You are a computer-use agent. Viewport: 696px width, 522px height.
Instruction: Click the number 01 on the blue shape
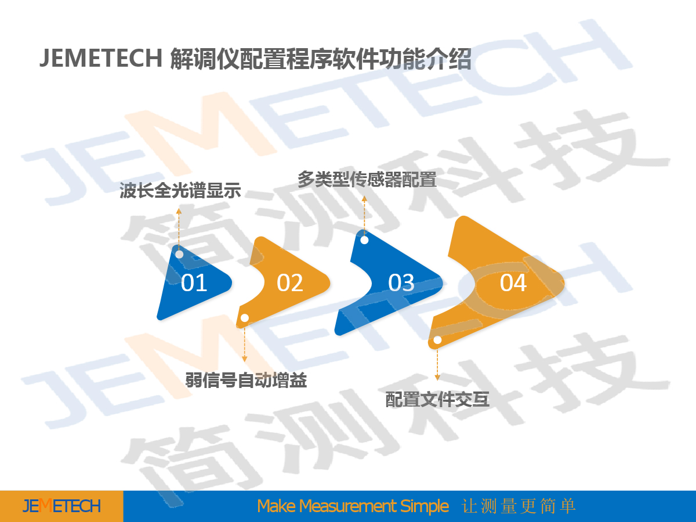pos(194,282)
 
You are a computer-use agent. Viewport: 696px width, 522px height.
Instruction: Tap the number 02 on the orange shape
pos(290,282)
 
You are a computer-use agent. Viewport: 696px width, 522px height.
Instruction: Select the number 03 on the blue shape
pos(401,282)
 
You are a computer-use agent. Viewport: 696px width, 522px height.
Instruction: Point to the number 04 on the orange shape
pos(513,282)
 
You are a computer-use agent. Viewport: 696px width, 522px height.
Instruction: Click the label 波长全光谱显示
pos(180,190)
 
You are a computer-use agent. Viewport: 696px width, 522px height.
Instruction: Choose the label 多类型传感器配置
pos(367,179)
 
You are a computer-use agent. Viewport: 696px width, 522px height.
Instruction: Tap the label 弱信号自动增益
pos(246,380)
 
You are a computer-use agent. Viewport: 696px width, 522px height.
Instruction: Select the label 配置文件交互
pos(437,400)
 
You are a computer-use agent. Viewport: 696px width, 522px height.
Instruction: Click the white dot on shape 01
pos(179,254)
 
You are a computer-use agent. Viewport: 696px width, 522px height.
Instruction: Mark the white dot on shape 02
pos(245,318)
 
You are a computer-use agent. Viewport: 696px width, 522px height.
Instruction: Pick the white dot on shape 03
pos(364,240)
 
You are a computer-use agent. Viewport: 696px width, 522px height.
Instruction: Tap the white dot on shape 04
pos(437,340)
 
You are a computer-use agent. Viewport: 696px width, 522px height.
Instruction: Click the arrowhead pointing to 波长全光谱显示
pos(179,211)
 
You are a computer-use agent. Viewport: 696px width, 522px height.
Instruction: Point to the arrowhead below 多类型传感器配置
pos(364,198)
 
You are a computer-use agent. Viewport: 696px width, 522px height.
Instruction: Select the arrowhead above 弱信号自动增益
pos(245,359)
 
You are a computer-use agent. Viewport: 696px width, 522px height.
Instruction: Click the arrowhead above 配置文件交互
pos(437,377)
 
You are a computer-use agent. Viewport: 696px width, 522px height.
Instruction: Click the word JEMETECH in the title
pos(101,58)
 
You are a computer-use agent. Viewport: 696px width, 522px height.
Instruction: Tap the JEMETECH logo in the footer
pos(61,506)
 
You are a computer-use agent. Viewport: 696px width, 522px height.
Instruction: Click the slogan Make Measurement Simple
pos(353,506)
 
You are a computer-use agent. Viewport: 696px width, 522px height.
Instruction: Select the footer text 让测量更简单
pos(519,506)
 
